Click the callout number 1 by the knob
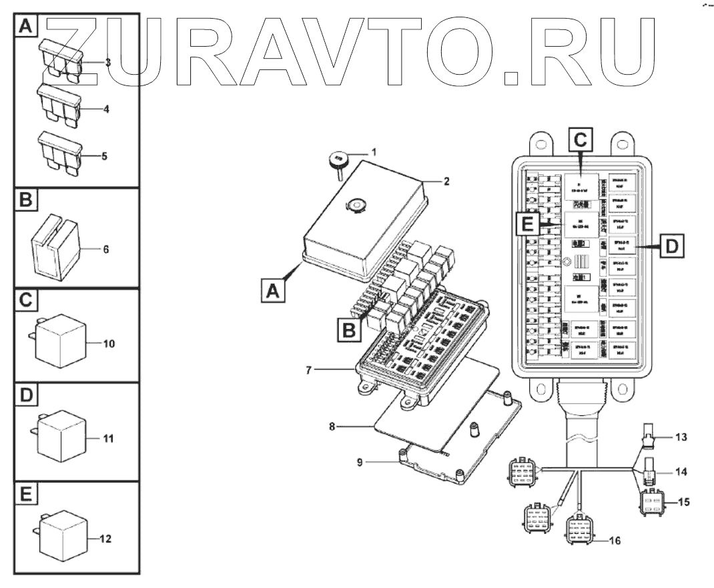point(374,152)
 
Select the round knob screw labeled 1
point(338,160)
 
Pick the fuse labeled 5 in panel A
point(61,150)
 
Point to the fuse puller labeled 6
point(53,248)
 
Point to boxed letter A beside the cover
point(272,292)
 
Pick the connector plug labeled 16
point(579,532)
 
